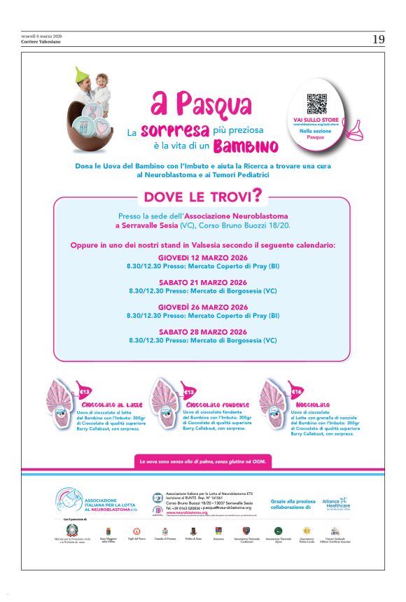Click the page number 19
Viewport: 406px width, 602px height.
click(378, 40)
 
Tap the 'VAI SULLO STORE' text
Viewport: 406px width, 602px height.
click(316, 120)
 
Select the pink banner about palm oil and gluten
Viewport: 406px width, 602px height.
click(203, 462)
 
